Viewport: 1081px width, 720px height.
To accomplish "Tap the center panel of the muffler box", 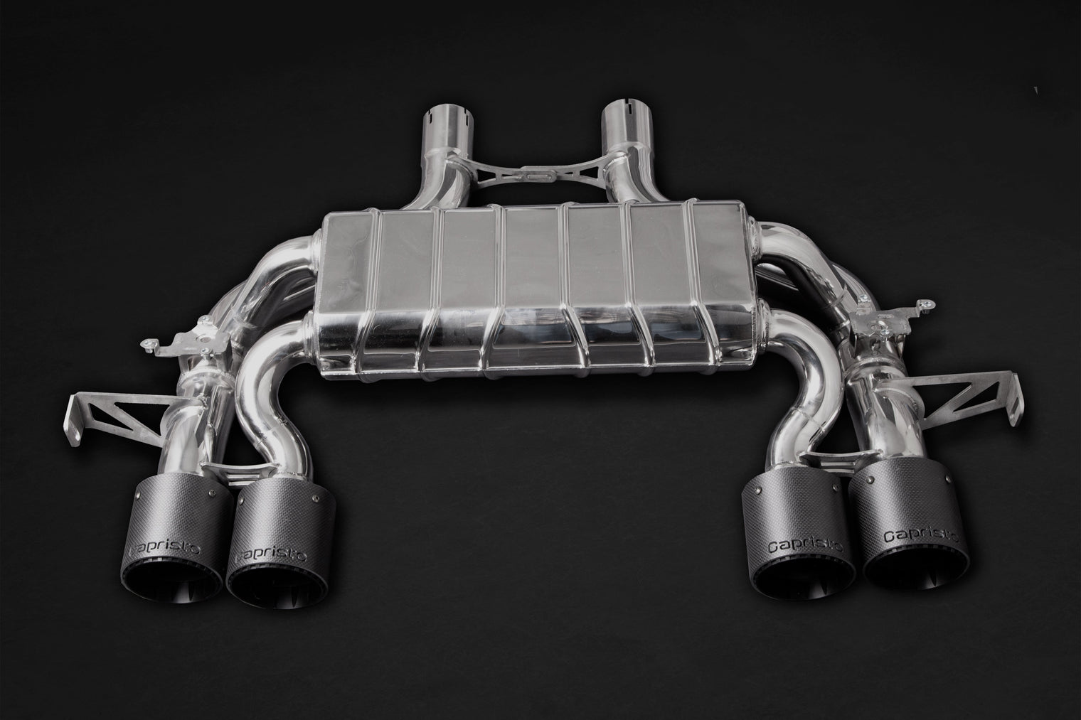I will pos(533,284).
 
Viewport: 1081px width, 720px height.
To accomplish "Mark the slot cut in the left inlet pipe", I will pos(433,114).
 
